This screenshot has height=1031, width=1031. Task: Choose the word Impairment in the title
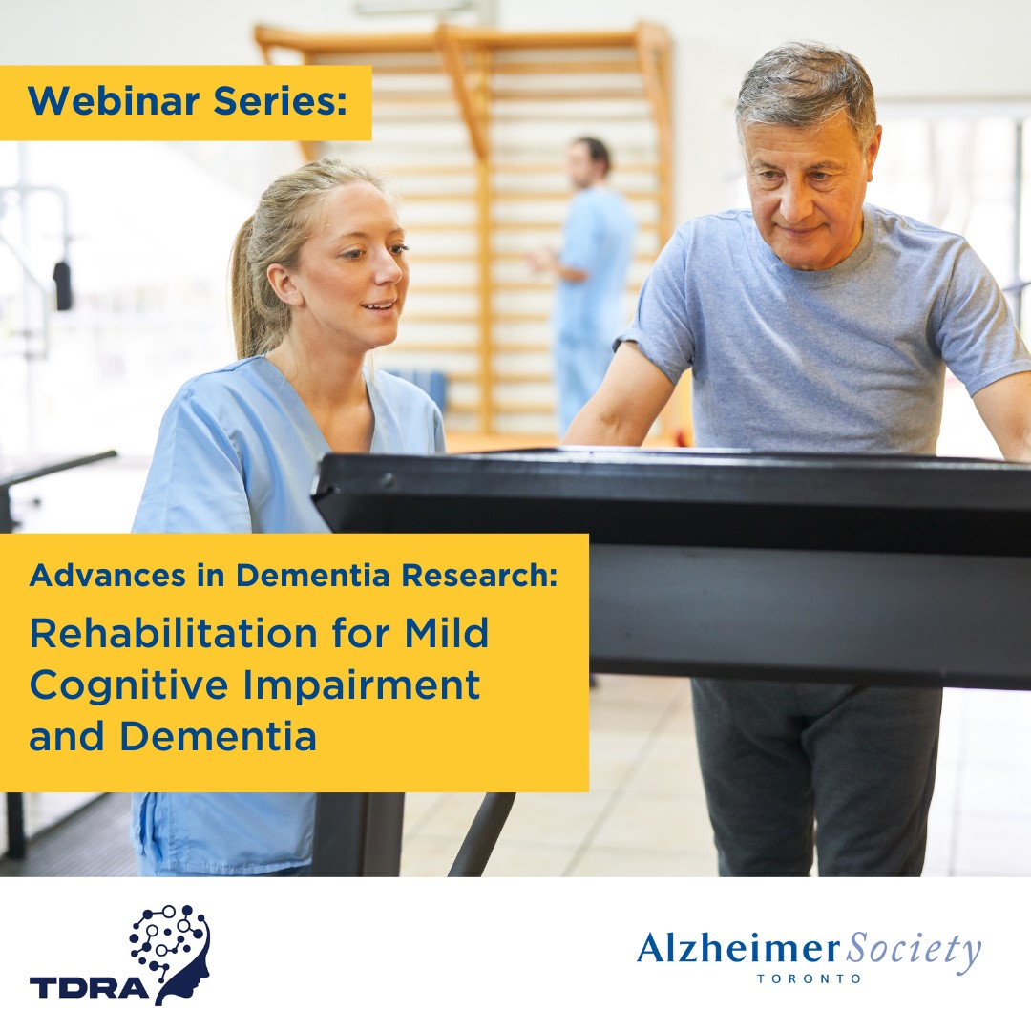(373, 685)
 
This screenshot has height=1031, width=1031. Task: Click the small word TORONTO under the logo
(809, 978)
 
